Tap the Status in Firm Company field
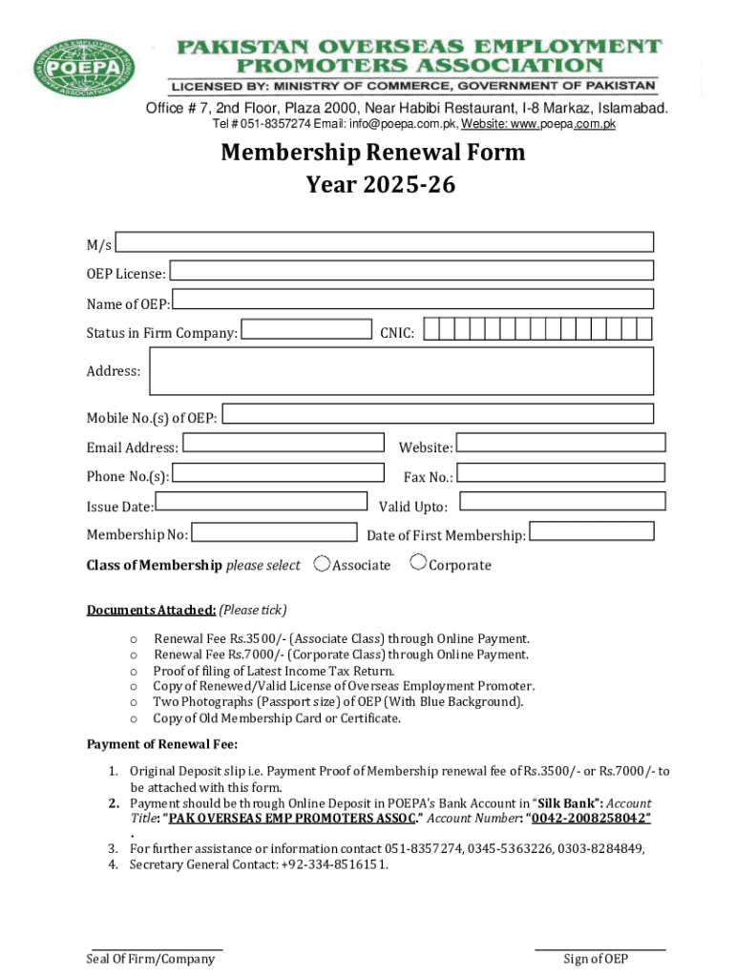[305, 330]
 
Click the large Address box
[401, 371]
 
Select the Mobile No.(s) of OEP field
[438, 414]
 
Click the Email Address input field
[284, 444]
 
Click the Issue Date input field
[261, 502]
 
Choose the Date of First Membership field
[592, 531]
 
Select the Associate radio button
[323, 564]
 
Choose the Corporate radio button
[418, 563]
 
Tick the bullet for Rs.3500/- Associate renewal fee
[134, 639]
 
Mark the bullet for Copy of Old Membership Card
[134, 718]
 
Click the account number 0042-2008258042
[591, 819]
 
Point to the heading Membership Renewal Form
[373, 153]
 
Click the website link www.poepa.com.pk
[567, 124]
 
